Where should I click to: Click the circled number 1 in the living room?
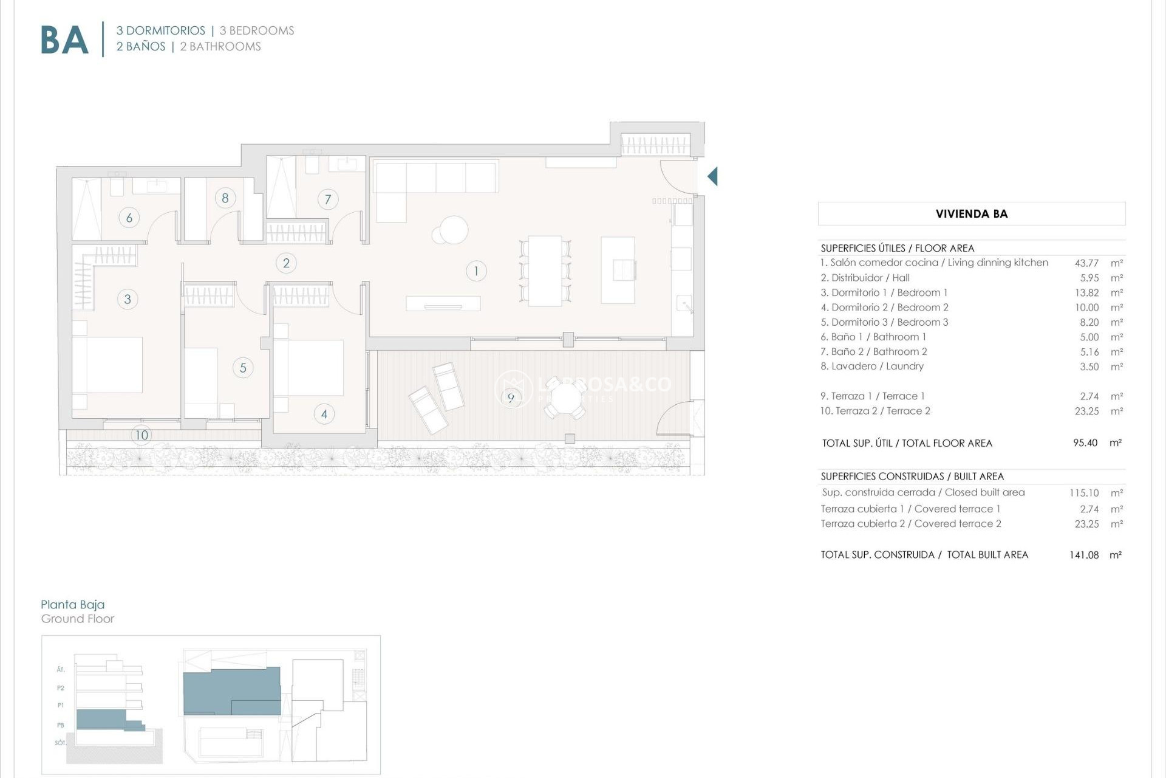coord(476,271)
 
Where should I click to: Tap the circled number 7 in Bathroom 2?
coord(328,199)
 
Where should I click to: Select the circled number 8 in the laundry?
coord(225,198)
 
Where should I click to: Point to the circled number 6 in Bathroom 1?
coord(129,218)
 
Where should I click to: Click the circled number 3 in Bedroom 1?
coord(128,299)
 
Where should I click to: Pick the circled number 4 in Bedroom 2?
coord(324,415)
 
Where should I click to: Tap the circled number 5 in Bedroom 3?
coord(243,368)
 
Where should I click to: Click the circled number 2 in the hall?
coord(286,263)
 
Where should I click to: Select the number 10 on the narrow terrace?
coord(141,435)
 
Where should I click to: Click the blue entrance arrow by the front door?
coord(712,176)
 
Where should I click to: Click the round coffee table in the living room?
coord(453,230)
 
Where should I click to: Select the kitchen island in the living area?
coord(618,270)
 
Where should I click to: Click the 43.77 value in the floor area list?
coord(1086,263)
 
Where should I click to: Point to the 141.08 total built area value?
coord(1084,555)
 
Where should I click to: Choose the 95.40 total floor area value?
coord(1085,443)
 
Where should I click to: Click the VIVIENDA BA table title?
coord(971,214)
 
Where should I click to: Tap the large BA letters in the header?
coord(64,41)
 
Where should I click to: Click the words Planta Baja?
coord(72,604)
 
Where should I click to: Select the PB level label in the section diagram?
coord(61,725)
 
